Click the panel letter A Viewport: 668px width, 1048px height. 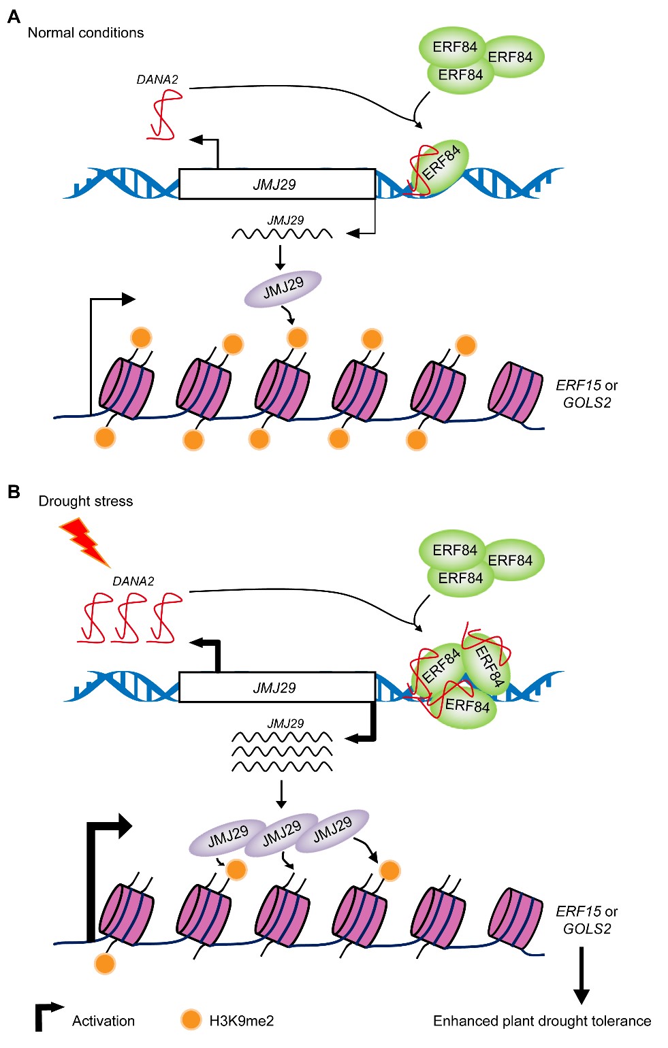coord(14,16)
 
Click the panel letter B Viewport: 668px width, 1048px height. coord(14,491)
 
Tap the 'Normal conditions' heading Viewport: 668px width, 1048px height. coord(86,33)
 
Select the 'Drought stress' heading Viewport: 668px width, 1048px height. coord(86,502)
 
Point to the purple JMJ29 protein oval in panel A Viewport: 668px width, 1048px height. coord(283,289)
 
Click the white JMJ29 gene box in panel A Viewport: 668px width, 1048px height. coord(276,184)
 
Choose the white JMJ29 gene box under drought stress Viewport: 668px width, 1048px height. coord(276,687)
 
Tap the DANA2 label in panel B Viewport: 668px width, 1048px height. coord(133,581)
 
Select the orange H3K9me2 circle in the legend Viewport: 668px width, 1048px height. coord(191,1019)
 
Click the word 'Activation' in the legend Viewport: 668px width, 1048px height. coord(104,1021)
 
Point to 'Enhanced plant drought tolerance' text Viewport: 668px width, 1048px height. coord(542,1021)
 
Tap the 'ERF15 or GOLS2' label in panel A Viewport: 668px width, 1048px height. coord(587,394)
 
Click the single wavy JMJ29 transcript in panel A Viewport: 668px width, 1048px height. coord(282,234)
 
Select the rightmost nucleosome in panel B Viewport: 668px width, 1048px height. coord(515,919)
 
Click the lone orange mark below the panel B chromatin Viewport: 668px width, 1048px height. coord(105,964)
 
